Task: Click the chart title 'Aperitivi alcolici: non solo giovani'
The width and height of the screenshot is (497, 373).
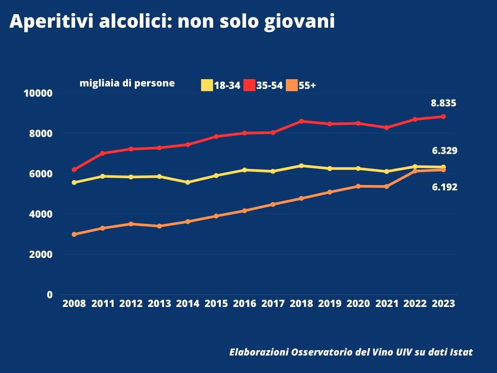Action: click(x=172, y=22)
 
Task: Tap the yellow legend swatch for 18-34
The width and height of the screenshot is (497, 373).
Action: click(x=207, y=85)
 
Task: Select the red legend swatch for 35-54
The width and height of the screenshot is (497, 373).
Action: click(x=249, y=85)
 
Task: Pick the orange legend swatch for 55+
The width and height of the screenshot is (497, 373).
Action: click(x=292, y=85)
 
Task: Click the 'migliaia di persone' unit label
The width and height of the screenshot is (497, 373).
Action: click(x=127, y=83)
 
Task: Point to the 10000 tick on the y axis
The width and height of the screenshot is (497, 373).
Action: click(x=38, y=93)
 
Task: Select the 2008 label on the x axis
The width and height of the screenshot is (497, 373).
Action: click(x=74, y=304)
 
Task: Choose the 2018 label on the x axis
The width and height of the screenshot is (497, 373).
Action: click(x=301, y=304)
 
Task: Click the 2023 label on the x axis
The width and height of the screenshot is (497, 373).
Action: click(x=443, y=304)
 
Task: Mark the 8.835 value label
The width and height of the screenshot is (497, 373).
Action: click(x=443, y=103)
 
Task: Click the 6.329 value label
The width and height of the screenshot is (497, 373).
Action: click(x=445, y=151)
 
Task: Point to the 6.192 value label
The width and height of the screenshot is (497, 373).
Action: click(x=445, y=187)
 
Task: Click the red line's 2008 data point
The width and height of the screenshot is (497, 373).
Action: click(x=74, y=170)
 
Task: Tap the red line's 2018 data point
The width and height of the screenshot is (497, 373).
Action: click(x=301, y=121)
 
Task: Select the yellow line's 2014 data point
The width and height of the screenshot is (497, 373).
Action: click(x=188, y=182)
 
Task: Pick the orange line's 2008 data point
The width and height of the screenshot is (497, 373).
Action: click(x=74, y=234)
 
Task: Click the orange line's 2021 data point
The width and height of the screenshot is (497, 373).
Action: click(x=386, y=186)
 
